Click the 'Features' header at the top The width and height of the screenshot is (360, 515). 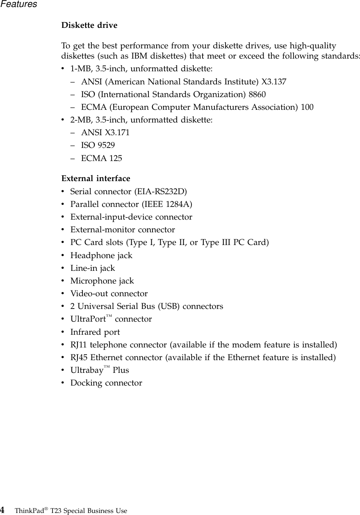tap(18, 5)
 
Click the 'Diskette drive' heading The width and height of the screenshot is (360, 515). tap(89, 25)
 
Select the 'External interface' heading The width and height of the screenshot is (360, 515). tap(96, 179)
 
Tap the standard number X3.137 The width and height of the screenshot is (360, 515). tap(274, 82)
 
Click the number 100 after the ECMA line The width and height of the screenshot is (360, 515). tap(307, 108)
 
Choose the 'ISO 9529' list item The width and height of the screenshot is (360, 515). tap(98, 145)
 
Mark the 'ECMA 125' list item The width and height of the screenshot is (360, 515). tap(101, 158)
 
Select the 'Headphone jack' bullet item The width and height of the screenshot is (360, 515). tap(101, 256)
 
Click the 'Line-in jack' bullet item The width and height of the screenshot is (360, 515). tap(93, 268)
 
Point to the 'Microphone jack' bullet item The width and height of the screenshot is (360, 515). tap(102, 281)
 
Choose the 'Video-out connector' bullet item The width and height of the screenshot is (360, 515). tap(109, 294)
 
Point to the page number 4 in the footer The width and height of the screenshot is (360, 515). tap(3, 510)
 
